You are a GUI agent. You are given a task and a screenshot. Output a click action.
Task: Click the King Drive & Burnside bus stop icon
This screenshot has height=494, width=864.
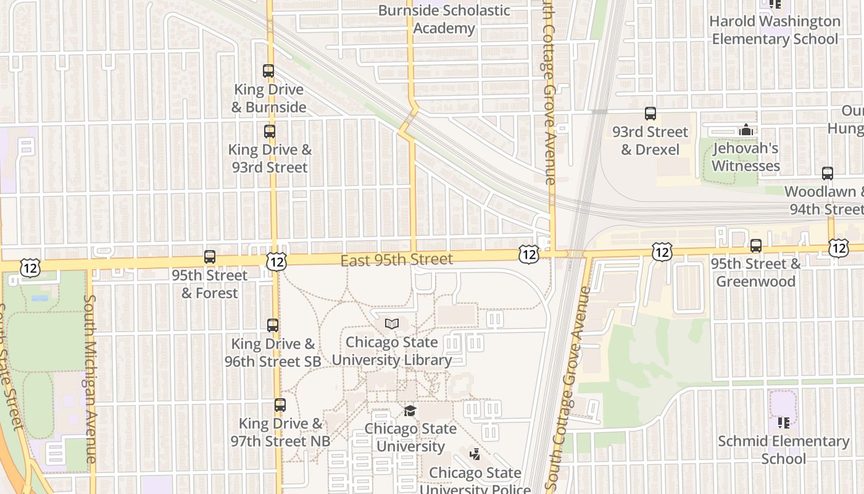(268, 71)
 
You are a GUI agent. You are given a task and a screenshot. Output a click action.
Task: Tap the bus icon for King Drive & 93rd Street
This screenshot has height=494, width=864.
(270, 131)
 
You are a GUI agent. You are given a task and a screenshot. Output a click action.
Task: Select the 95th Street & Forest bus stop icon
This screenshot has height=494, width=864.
(210, 257)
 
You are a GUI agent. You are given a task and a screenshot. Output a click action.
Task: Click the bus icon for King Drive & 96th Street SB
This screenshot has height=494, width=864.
(273, 325)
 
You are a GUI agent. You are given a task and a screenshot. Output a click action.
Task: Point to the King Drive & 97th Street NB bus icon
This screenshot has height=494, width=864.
(280, 405)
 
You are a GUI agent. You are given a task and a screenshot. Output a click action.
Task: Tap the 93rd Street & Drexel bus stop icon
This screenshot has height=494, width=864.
(650, 114)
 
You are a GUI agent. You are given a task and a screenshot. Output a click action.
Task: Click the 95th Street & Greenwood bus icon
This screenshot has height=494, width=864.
(756, 246)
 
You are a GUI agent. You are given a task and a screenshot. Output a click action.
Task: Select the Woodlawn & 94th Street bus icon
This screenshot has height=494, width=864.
(828, 174)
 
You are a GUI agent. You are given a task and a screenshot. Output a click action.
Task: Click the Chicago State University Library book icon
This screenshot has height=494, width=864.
(391, 324)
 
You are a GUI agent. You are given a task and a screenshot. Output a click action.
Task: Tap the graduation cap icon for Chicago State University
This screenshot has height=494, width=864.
(410, 411)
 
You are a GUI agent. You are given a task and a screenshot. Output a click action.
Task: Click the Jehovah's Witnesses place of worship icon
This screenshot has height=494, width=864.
(746, 130)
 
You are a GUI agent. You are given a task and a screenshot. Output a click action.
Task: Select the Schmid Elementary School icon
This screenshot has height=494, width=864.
(784, 423)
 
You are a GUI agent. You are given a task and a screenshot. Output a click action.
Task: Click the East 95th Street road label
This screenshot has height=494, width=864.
(397, 260)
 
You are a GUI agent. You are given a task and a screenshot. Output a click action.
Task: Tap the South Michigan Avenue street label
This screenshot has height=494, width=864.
(90, 378)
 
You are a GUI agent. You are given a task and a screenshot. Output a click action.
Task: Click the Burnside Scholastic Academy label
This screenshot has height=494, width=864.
(444, 19)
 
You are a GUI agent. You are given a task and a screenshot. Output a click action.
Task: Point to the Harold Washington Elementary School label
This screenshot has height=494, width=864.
(775, 30)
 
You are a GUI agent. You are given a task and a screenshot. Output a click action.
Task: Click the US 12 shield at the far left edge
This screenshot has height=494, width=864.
(30, 267)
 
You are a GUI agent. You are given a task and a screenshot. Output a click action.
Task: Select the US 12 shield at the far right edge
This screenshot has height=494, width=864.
(838, 248)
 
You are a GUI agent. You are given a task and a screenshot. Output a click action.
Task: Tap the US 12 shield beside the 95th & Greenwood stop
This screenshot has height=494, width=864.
(662, 251)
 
